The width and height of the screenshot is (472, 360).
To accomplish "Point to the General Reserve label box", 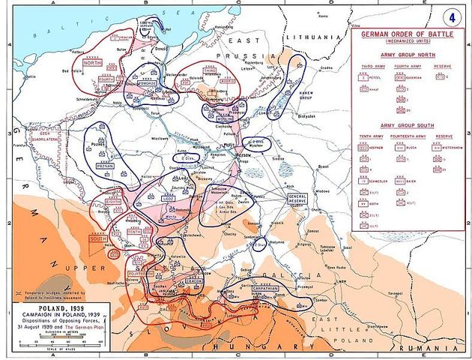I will (x=298, y=198).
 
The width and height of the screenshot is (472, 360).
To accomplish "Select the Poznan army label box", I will (x=103, y=165).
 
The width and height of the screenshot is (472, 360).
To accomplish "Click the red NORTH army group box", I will (x=92, y=64).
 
